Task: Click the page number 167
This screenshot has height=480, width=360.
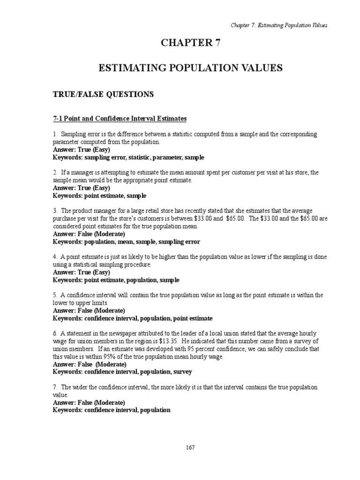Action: [x=190, y=447]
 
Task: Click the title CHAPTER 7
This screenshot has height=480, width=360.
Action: [x=190, y=43]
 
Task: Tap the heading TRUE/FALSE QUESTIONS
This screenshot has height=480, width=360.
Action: [x=103, y=94]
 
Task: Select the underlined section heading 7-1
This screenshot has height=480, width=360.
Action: [x=119, y=119]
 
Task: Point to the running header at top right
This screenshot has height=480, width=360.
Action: [x=278, y=25]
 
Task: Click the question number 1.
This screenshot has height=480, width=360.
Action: [x=54, y=134]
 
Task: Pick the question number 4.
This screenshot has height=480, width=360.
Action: [x=54, y=257]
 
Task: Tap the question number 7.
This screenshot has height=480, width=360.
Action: [x=54, y=387]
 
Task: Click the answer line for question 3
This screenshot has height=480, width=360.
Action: [x=89, y=234]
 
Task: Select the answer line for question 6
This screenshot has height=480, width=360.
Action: [x=90, y=364]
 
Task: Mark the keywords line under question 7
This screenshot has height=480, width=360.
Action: [x=112, y=410]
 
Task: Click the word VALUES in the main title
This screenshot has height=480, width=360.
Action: [x=260, y=68]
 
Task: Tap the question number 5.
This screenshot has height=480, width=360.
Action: [x=54, y=295]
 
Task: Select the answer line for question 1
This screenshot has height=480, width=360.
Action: [x=81, y=150]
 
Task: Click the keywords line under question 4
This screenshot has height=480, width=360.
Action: [x=116, y=280]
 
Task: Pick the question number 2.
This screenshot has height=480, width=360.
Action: [x=54, y=172]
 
